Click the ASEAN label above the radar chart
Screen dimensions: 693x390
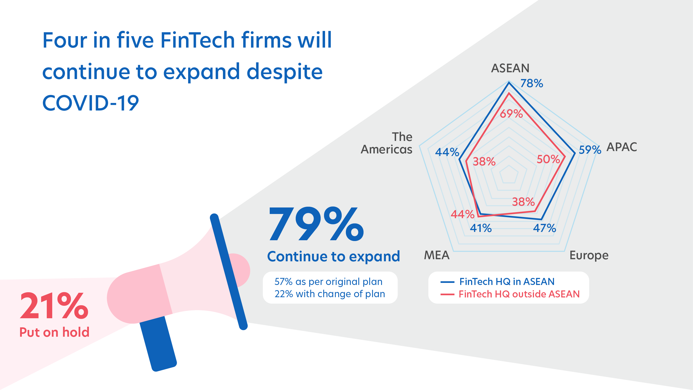point(510,68)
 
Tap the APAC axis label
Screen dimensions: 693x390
point(622,147)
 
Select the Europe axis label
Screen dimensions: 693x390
point(589,255)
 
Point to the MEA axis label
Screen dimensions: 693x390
point(437,255)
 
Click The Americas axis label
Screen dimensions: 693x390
point(387,143)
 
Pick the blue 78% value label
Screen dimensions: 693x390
point(532,83)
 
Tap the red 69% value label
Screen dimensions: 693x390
point(511,114)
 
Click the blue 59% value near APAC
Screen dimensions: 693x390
point(590,150)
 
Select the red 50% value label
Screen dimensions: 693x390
point(548,159)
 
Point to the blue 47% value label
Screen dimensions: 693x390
point(545,228)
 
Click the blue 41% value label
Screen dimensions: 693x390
point(481,228)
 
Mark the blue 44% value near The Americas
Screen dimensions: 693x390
point(447,152)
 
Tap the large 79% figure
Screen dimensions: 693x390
point(316,224)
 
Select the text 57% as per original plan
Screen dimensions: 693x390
point(328,282)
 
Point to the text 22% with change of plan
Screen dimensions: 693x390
point(330,294)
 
